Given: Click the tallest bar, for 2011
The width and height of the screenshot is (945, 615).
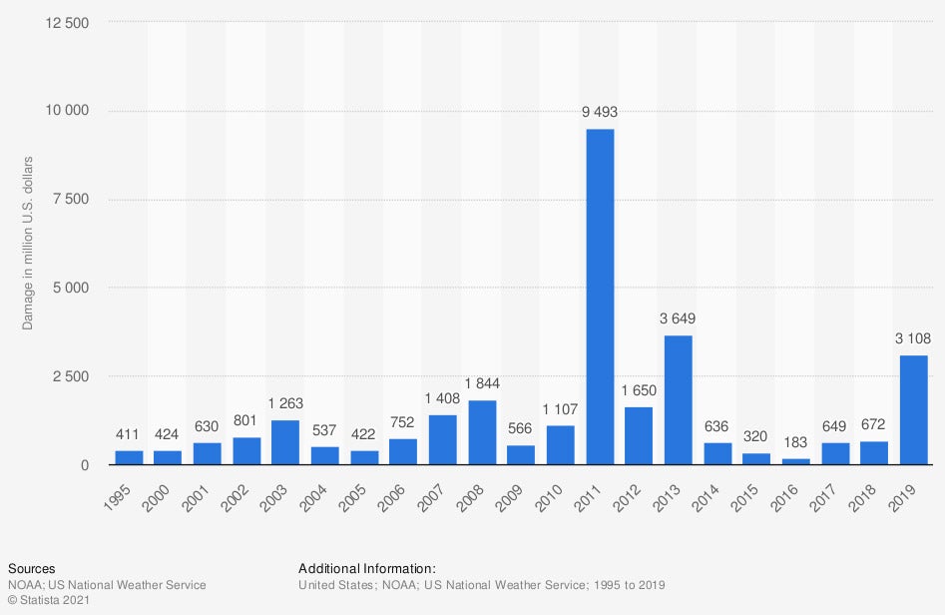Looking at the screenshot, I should [600, 297].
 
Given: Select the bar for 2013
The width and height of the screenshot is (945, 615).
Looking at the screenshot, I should [678, 400].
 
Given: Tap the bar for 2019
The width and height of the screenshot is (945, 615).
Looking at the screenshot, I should [913, 410].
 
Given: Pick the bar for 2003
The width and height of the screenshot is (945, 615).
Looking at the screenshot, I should [285, 442].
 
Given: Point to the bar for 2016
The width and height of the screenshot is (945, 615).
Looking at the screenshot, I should [795, 461].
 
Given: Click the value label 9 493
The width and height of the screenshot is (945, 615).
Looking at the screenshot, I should [600, 113].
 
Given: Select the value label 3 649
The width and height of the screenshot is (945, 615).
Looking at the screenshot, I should [678, 319].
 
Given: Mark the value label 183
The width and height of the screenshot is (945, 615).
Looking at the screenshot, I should [795, 442].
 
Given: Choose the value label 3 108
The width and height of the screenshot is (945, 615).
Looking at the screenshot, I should [913, 339].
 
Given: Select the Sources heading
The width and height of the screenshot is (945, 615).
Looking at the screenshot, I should [31, 568].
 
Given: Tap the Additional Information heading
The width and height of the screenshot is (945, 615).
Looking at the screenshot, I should [367, 568].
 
